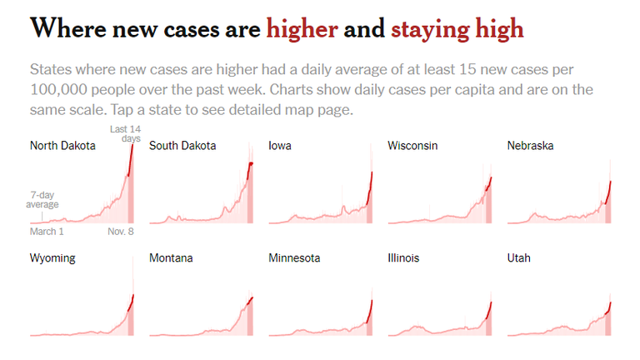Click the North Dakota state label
[62, 146]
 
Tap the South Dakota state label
[182, 146]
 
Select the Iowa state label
[280, 146]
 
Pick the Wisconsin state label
[412, 146]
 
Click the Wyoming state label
[52, 258]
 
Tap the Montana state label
[171, 258]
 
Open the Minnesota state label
[294, 258]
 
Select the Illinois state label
[403, 258]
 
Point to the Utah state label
[518, 258]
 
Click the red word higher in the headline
[302, 29]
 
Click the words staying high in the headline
[457, 30]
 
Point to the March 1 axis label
[47, 232]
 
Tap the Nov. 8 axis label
[120, 232]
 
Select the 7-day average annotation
[42, 199]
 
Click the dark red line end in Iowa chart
[372, 173]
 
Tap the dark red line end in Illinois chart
[491, 302]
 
